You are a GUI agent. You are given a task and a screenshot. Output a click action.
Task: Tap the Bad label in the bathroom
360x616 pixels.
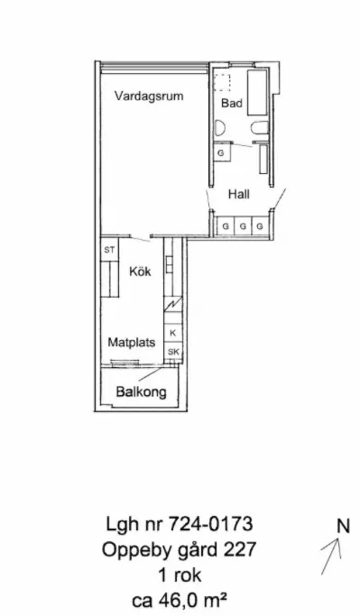point(233,105)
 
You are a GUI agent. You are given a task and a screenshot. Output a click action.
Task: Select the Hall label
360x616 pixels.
point(239,194)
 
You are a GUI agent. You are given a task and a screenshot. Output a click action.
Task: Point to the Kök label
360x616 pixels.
point(139,271)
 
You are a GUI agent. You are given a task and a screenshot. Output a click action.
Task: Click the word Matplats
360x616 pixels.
point(133,343)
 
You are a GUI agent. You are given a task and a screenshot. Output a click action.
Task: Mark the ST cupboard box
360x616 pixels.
point(109,250)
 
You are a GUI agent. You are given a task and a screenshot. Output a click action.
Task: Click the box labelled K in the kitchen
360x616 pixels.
point(173,334)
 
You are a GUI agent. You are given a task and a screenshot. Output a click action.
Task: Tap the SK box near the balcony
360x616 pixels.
point(173,352)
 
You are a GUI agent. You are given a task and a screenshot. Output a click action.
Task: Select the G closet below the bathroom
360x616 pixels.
point(220,153)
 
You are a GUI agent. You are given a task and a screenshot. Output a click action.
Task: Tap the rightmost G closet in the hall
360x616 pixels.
point(259,224)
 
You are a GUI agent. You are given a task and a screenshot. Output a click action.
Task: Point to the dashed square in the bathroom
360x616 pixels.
point(223,83)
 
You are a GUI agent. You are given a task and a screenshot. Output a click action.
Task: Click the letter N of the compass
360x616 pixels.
point(343,525)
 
